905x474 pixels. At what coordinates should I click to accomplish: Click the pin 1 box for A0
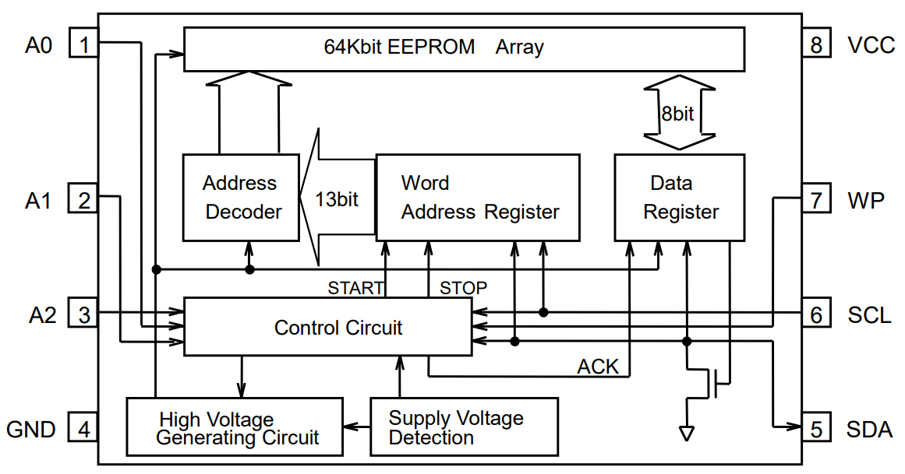(84, 43)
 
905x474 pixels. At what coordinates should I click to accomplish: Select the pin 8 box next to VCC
(816, 44)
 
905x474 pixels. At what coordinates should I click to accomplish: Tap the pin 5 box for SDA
(816, 428)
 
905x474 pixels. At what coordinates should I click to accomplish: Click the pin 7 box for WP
(816, 200)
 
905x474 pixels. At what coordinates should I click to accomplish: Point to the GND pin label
(30, 430)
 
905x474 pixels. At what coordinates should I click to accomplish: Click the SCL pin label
(869, 315)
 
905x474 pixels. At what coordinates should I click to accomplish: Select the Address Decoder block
(240, 197)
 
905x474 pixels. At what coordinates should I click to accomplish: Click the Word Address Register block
(477, 197)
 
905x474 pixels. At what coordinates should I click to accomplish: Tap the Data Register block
(679, 197)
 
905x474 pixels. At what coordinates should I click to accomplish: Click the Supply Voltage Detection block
(464, 427)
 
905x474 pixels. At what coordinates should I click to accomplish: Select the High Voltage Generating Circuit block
(235, 427)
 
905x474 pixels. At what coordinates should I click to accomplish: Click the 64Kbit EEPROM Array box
(463, 47)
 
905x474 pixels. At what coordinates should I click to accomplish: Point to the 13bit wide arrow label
(336, 199)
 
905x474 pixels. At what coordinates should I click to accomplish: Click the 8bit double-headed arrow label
(677, 114)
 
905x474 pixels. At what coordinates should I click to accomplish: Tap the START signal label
(355, 288)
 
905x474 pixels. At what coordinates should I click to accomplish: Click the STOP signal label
(463, 288)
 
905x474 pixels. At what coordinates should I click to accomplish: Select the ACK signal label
(598, 367)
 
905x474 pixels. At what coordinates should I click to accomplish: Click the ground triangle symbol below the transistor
(687, 433)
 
